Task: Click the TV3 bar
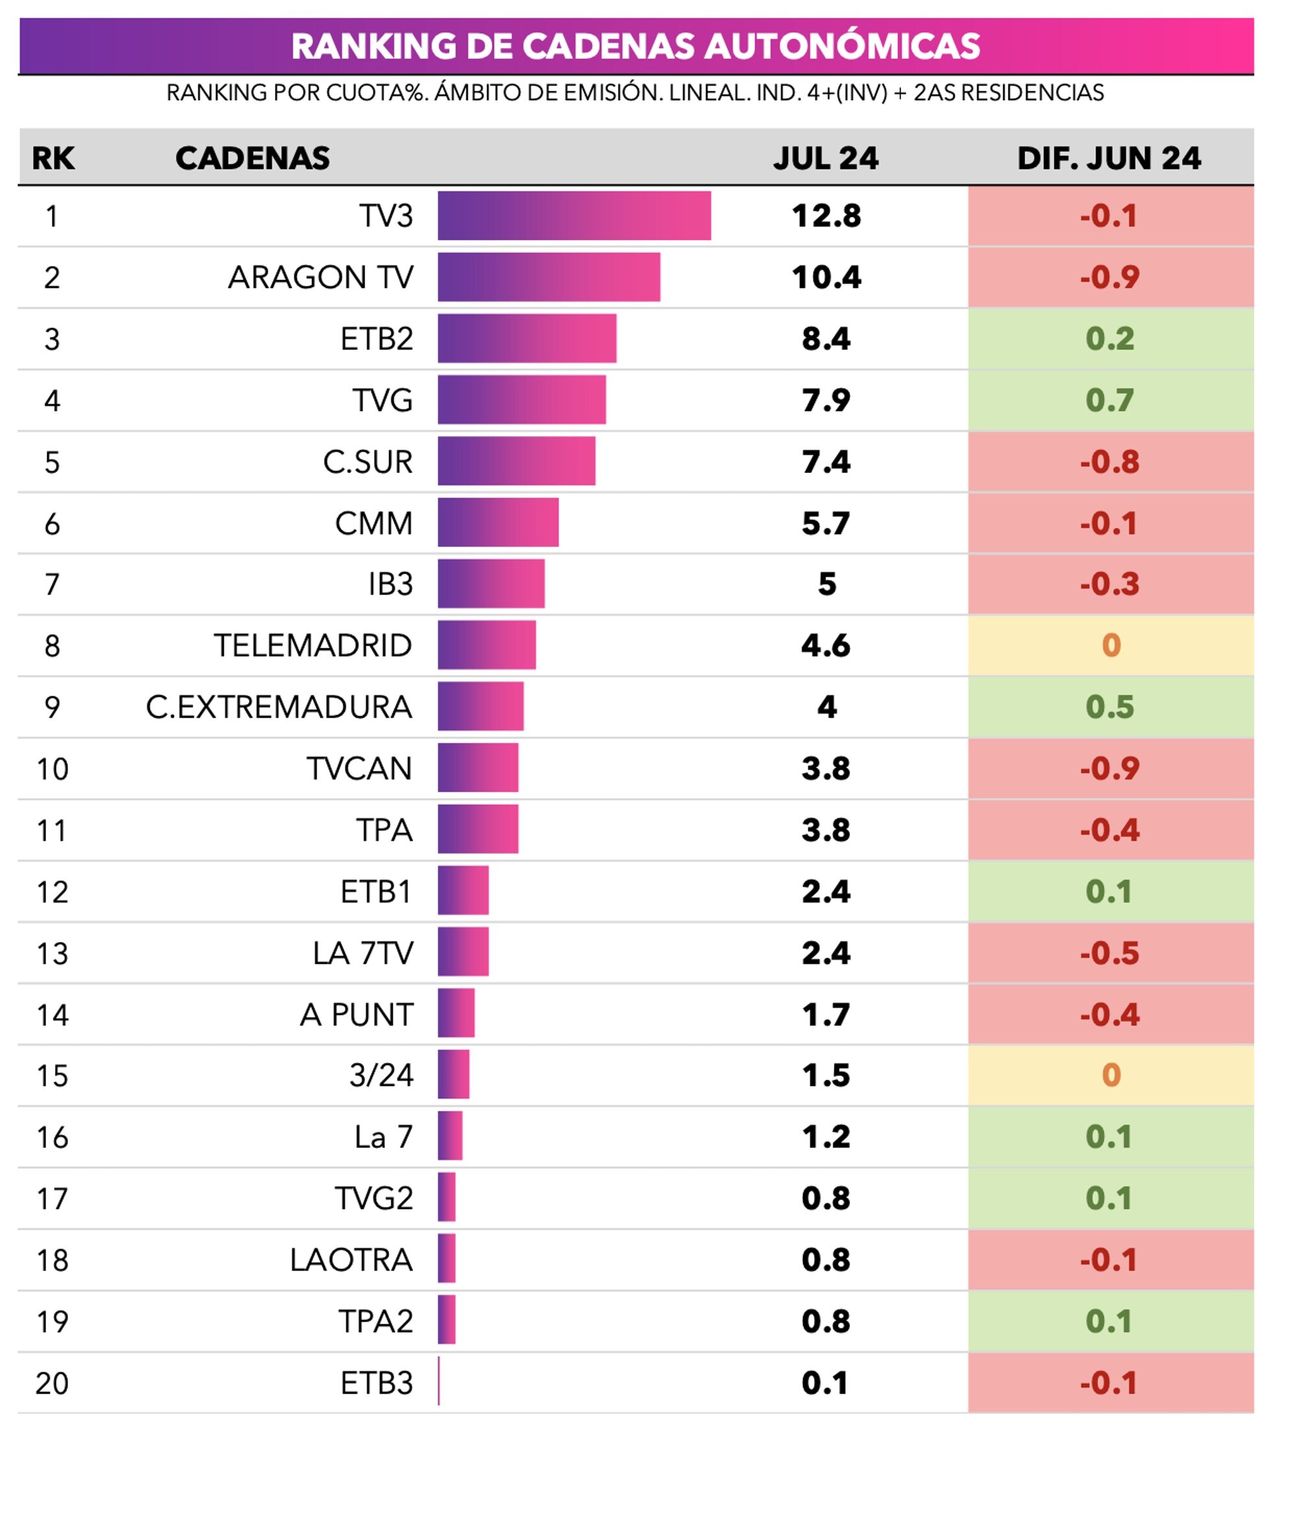point(574,215)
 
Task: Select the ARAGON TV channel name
point(320,278)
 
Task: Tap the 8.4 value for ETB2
point(826,339)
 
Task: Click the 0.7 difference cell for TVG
point(1110,400)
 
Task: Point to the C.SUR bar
point(516,461)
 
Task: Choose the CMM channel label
point(374,524)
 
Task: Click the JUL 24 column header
point(826,158)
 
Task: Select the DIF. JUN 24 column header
point(1109,158)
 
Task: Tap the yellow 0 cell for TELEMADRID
point(1110,645)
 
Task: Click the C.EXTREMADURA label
point(279,707)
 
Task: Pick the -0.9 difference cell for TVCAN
point(1110,769)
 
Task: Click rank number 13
point(52,953)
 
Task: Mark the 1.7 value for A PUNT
point(826,1015)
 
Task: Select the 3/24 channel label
point(381,1076)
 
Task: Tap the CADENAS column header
point(252,158)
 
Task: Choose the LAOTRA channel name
point(351,1260)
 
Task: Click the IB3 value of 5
point(826,584)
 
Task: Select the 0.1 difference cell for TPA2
point(1110,1322)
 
